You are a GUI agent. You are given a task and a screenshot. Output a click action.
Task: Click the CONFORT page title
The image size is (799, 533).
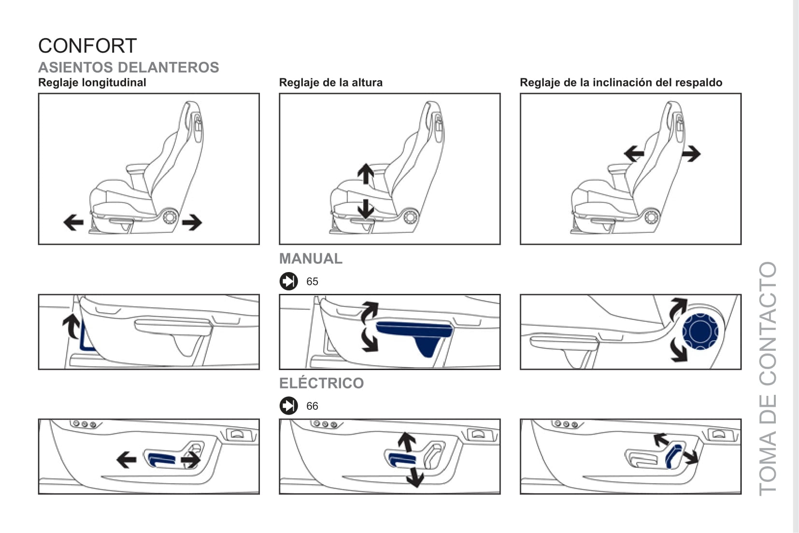click(x=87, y=46)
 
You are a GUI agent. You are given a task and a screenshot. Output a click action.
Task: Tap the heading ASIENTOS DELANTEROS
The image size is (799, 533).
click(x=128, y=67)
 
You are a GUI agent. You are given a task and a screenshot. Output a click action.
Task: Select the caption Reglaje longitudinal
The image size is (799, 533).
click(x=92, y=83)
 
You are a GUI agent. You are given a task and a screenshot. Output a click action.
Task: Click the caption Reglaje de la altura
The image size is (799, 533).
click(x=330, y=83)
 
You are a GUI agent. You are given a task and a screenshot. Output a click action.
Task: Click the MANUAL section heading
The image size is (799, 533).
click(x=311, y=259)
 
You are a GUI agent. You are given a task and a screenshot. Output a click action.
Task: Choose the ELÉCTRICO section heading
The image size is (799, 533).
click(x=321, y=383)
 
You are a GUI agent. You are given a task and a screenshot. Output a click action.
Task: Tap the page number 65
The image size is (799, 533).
click(x=312, y=281)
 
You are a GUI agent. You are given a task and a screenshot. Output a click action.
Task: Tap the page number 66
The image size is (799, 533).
click(x=312, y=406)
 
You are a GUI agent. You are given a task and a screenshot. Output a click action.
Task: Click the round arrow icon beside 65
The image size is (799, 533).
click(x=289, y=281)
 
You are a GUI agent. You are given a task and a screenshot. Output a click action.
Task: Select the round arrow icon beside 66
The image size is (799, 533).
click(x=289, y=405)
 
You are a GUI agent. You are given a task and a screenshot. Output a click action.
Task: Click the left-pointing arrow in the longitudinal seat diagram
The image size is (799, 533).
click(x=73, y=222)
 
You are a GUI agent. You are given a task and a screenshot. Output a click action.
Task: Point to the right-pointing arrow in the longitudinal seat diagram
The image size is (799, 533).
click(x=192, y=222)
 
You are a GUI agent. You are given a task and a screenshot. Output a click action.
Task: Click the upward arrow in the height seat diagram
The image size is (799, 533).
click(x=366, y=173)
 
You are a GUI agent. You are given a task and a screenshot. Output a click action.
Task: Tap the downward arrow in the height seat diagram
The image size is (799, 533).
click(x=366, y=209)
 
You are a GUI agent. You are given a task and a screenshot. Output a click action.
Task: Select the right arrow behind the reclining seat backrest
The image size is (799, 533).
click(x=691, y=154)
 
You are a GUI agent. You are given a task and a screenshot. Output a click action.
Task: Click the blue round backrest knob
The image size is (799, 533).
click(x=700, y=331)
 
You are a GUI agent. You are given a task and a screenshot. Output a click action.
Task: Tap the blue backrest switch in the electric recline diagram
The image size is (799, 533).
click(x=673, y=455)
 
